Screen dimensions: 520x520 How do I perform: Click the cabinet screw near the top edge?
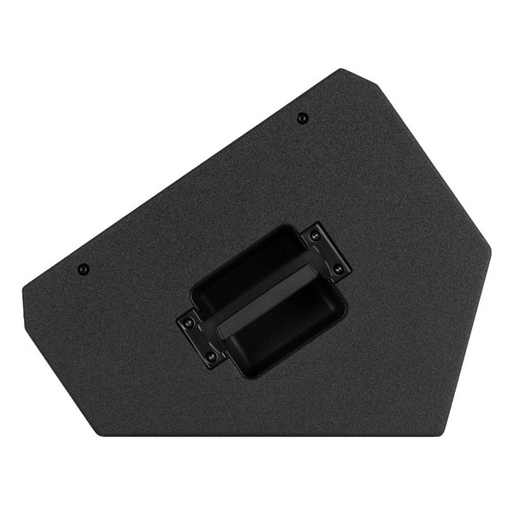(x=301, y=118)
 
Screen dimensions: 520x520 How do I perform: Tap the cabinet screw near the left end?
(x=83, y=269)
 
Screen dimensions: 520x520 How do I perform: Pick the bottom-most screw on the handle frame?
(x=210, y=355)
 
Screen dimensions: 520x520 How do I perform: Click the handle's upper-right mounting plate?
(x=325, y=251)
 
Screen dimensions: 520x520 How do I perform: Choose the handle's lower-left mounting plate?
(x=199, y=338)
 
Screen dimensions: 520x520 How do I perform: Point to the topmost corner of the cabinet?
(x=341, y=69)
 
